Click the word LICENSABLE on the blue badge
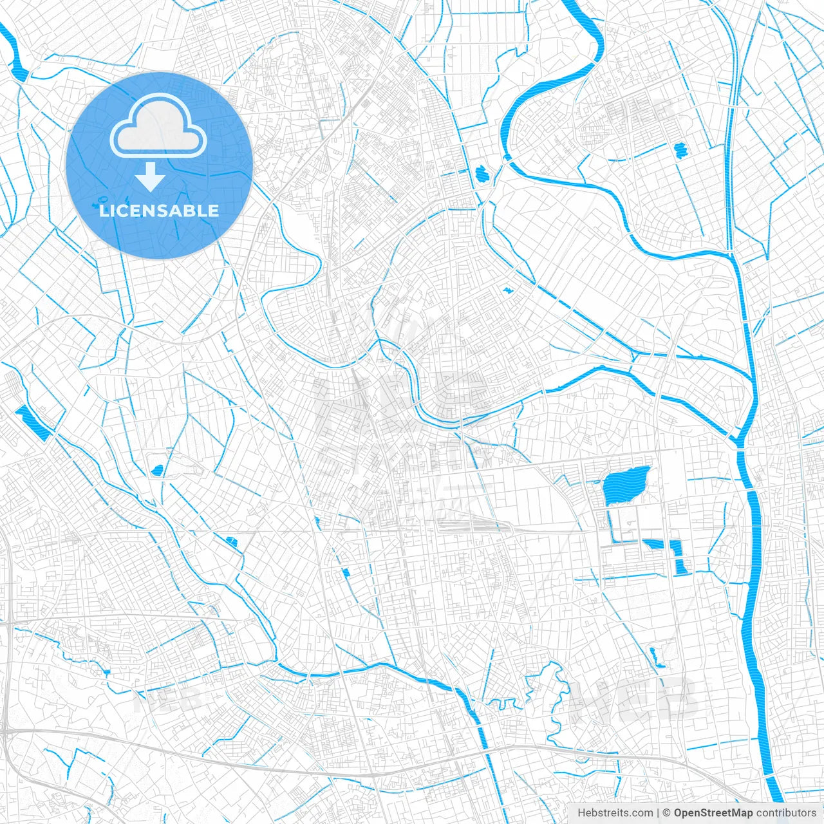[x=159, y=211]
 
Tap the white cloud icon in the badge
[x=158, y=126]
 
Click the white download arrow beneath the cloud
[x=151, y=176]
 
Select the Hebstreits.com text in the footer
[x=615, y=813]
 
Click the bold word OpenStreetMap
[x=713, y=813]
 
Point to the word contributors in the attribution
[x=786, y=813]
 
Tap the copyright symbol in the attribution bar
[x=667, y=813]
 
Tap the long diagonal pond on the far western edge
[x=32, y=422]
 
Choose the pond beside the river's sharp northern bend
[x=482, y=173]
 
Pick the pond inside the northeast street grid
[x=680, y=151]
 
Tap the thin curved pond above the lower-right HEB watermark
[x=655, y=657]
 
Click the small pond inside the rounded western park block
[x=156, y=471]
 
